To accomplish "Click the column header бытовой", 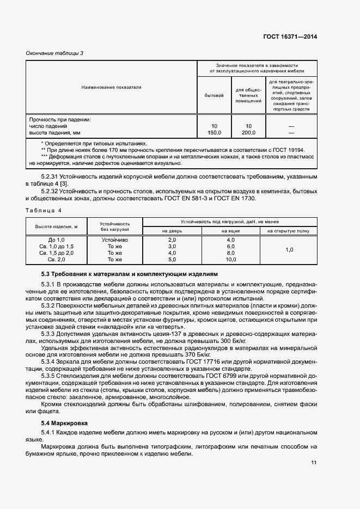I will coord(214,95).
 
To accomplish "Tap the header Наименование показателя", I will coord(112,87).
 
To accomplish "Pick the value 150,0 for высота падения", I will coord(214,132).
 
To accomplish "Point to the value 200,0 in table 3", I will coord(248,132).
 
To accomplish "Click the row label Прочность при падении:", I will coord(60,119).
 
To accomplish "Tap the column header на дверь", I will coord(172,231).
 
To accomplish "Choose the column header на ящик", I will coord(231,231).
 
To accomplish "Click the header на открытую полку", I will coord(289,231).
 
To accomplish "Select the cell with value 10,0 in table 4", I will coord(231,260).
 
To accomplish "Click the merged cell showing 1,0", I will coord(289,250).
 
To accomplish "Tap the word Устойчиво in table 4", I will coord(115,240).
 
